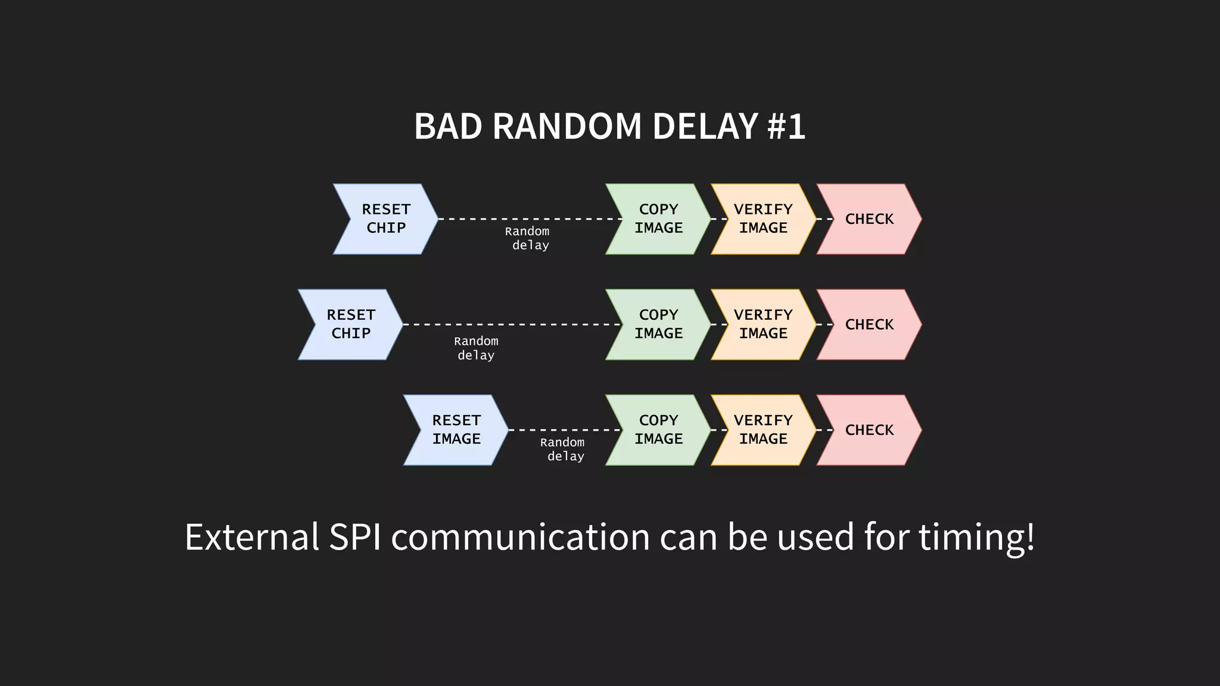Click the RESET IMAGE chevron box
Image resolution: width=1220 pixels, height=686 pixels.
click(456, 430)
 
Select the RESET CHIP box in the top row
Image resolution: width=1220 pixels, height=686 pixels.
click(386, 219)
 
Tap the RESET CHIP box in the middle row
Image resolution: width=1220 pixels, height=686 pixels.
click(351, 325)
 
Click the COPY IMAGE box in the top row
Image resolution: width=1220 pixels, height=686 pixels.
click(658, 219)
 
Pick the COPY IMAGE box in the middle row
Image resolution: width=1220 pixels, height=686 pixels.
click(658, 325)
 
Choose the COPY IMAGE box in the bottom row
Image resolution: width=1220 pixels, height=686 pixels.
click(658, 430)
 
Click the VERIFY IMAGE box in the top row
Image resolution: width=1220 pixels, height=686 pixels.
click(763, 219)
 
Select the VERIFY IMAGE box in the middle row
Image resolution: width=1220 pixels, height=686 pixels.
click(763, 325)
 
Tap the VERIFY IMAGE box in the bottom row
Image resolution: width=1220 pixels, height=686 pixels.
click(763, 430)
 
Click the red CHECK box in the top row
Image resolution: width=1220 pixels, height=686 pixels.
click(869, 219)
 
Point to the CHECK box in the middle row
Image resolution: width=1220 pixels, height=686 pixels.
click(869, 325)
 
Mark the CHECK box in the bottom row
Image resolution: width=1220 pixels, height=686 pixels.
click(869, 430)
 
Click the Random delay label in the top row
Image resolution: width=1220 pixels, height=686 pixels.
click(528, 238)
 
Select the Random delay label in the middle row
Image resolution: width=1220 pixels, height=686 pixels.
click(476, 348)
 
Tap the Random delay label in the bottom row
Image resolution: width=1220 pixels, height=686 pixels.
click(563, 449)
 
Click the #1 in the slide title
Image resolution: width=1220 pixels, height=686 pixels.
click(786, 126)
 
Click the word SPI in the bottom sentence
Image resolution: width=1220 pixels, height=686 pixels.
click(355, 537)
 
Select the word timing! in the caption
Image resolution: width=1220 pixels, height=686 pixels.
click(976, 537)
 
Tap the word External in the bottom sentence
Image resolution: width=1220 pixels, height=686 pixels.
click(252, 537)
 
